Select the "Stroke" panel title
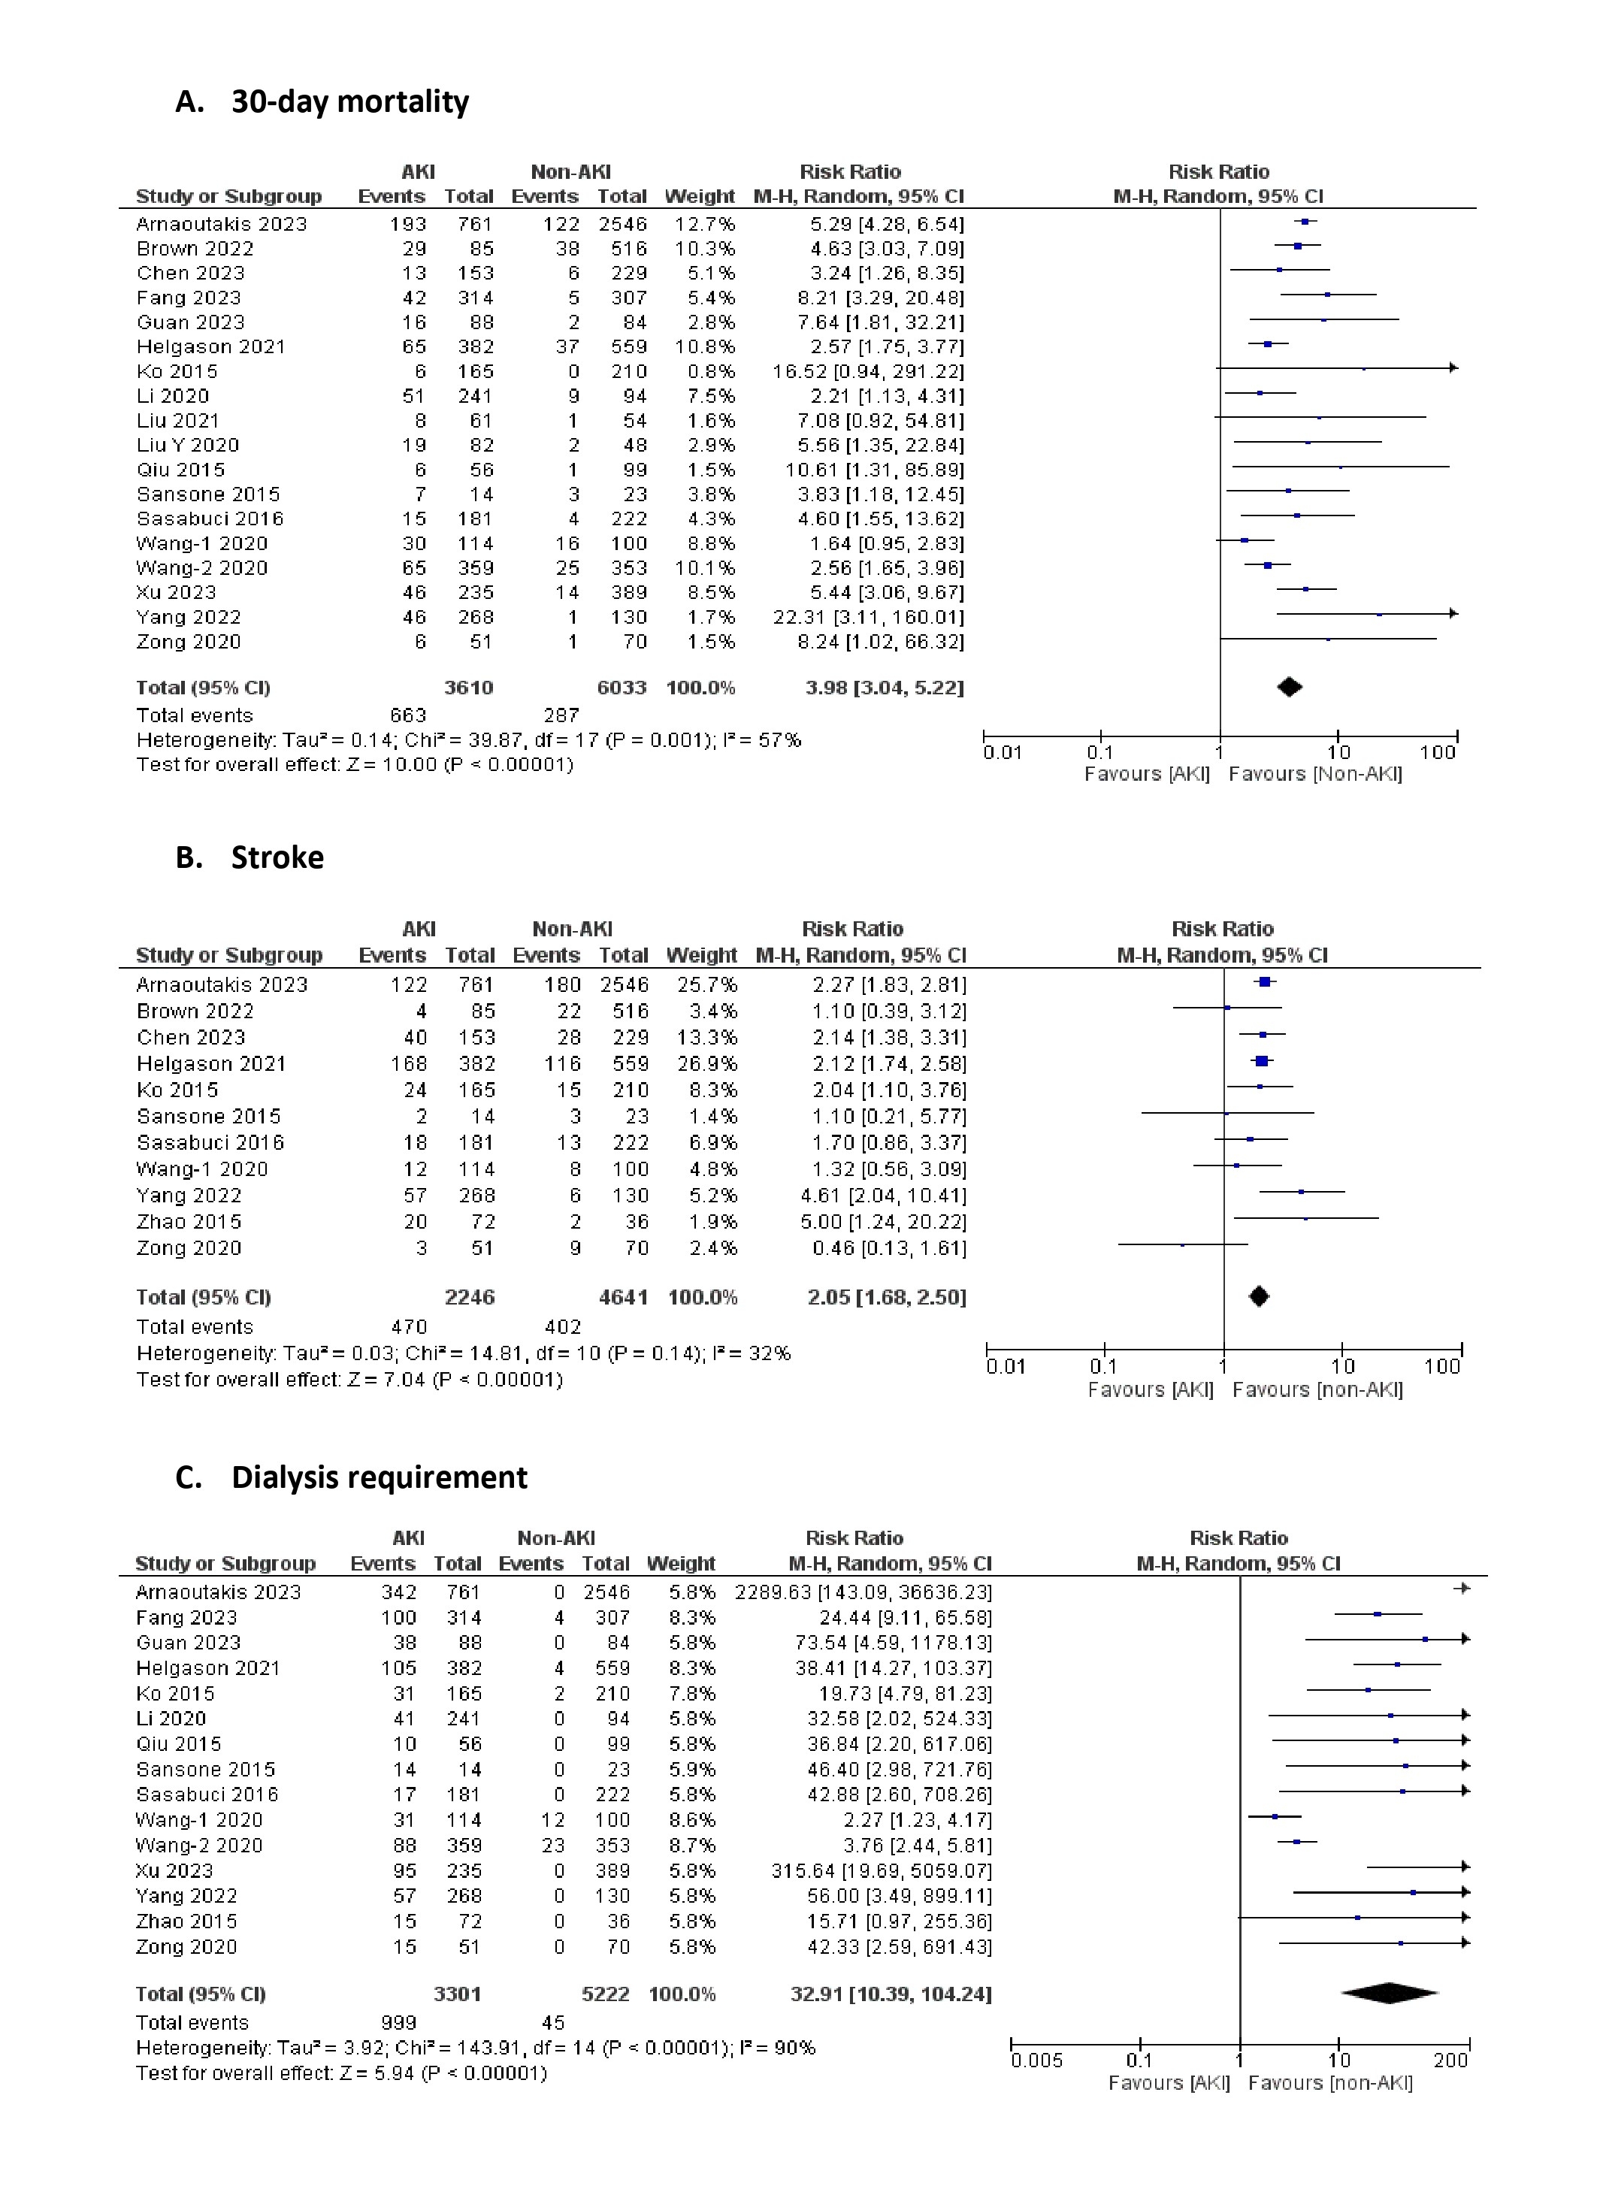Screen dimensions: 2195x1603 277,858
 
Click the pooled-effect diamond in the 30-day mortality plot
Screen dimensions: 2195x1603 1289,687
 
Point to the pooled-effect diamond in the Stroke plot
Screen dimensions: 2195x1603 1259,1296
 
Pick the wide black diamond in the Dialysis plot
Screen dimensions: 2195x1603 1390,1993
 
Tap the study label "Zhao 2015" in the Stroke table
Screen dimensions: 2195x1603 189,1222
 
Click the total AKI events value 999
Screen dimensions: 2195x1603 399,2022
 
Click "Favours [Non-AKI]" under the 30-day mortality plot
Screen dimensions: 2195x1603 1315,773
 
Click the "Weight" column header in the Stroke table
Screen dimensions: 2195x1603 702,955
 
